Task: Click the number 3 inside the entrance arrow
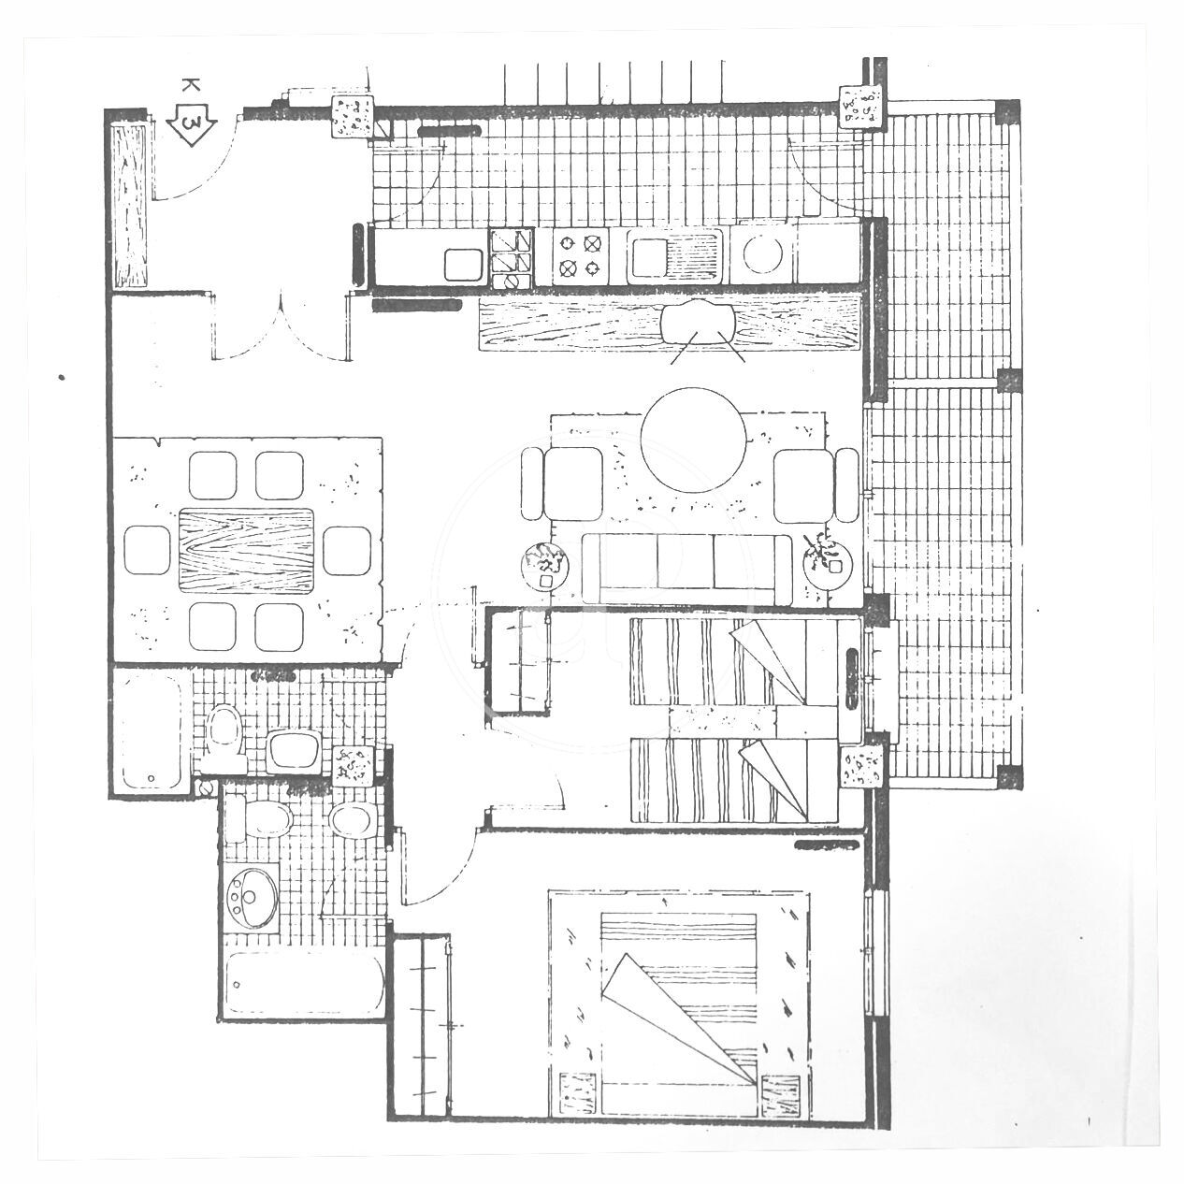coord(193,124)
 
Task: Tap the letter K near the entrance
coord(191,85)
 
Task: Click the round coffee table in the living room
coord(694,440)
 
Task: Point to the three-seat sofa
coord(686,570)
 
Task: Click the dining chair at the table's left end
coord(147,550)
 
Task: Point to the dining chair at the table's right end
coord(346,551)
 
